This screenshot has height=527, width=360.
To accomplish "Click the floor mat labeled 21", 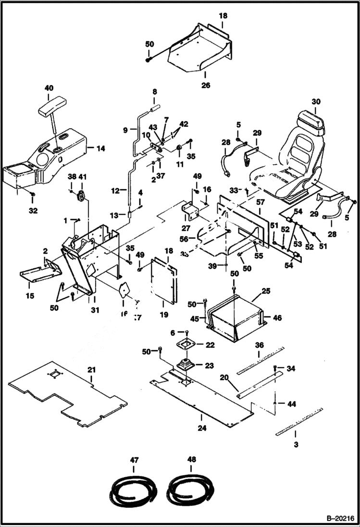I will pos(67,394).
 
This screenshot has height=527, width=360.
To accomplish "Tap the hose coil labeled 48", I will pos(188,492).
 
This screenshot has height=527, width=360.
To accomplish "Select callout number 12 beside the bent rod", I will pos(115,191).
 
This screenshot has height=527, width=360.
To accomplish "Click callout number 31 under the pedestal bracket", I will pos(95,310).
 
